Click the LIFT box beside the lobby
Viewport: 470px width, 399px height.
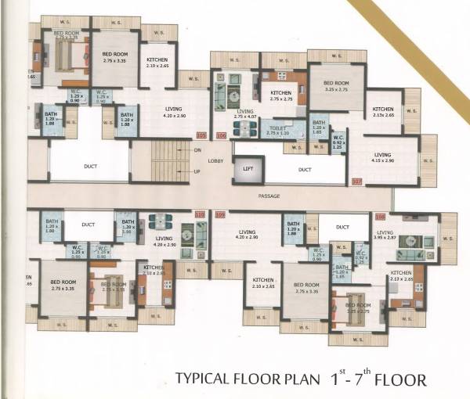(248, 168)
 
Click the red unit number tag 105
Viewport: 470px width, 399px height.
(201, 135)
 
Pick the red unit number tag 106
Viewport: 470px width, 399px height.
(221, 135)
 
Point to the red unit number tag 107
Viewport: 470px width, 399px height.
(357, 182)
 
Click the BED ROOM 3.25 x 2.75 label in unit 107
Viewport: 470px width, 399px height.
(336, 86)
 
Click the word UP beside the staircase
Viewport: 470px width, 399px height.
(197, 171)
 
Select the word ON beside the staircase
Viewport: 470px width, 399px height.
(197, 149)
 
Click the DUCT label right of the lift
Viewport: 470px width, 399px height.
(305, 169)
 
